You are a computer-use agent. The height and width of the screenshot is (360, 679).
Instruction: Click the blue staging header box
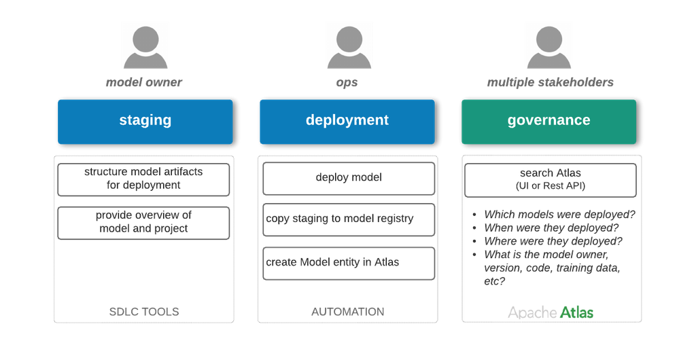(145, 122)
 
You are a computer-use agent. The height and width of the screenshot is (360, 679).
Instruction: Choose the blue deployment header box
(347, 122)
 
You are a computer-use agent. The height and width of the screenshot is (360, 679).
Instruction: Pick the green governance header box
(549, 122)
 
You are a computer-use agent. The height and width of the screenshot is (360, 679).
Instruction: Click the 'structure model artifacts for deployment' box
(143, 179)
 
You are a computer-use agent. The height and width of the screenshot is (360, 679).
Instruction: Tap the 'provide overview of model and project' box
(143, 222)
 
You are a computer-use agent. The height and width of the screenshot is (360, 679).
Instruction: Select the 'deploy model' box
(348, 178)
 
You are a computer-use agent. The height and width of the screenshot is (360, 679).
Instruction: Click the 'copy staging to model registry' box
(348, 219)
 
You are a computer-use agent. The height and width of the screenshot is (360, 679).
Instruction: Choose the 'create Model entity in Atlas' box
(348, 263)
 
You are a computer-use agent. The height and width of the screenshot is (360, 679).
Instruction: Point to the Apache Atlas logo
(551, 312)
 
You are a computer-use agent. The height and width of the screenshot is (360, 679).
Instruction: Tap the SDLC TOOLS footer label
(143, 312)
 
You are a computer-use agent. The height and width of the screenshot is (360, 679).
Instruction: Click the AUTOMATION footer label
(348, 312)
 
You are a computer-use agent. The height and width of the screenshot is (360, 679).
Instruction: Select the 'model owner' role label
(144, 83)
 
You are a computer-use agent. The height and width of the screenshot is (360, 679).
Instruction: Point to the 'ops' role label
(347, 83)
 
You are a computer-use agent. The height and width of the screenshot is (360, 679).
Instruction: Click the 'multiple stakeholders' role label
(551, 83)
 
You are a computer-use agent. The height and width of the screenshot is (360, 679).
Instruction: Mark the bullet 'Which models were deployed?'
(559, 215)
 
